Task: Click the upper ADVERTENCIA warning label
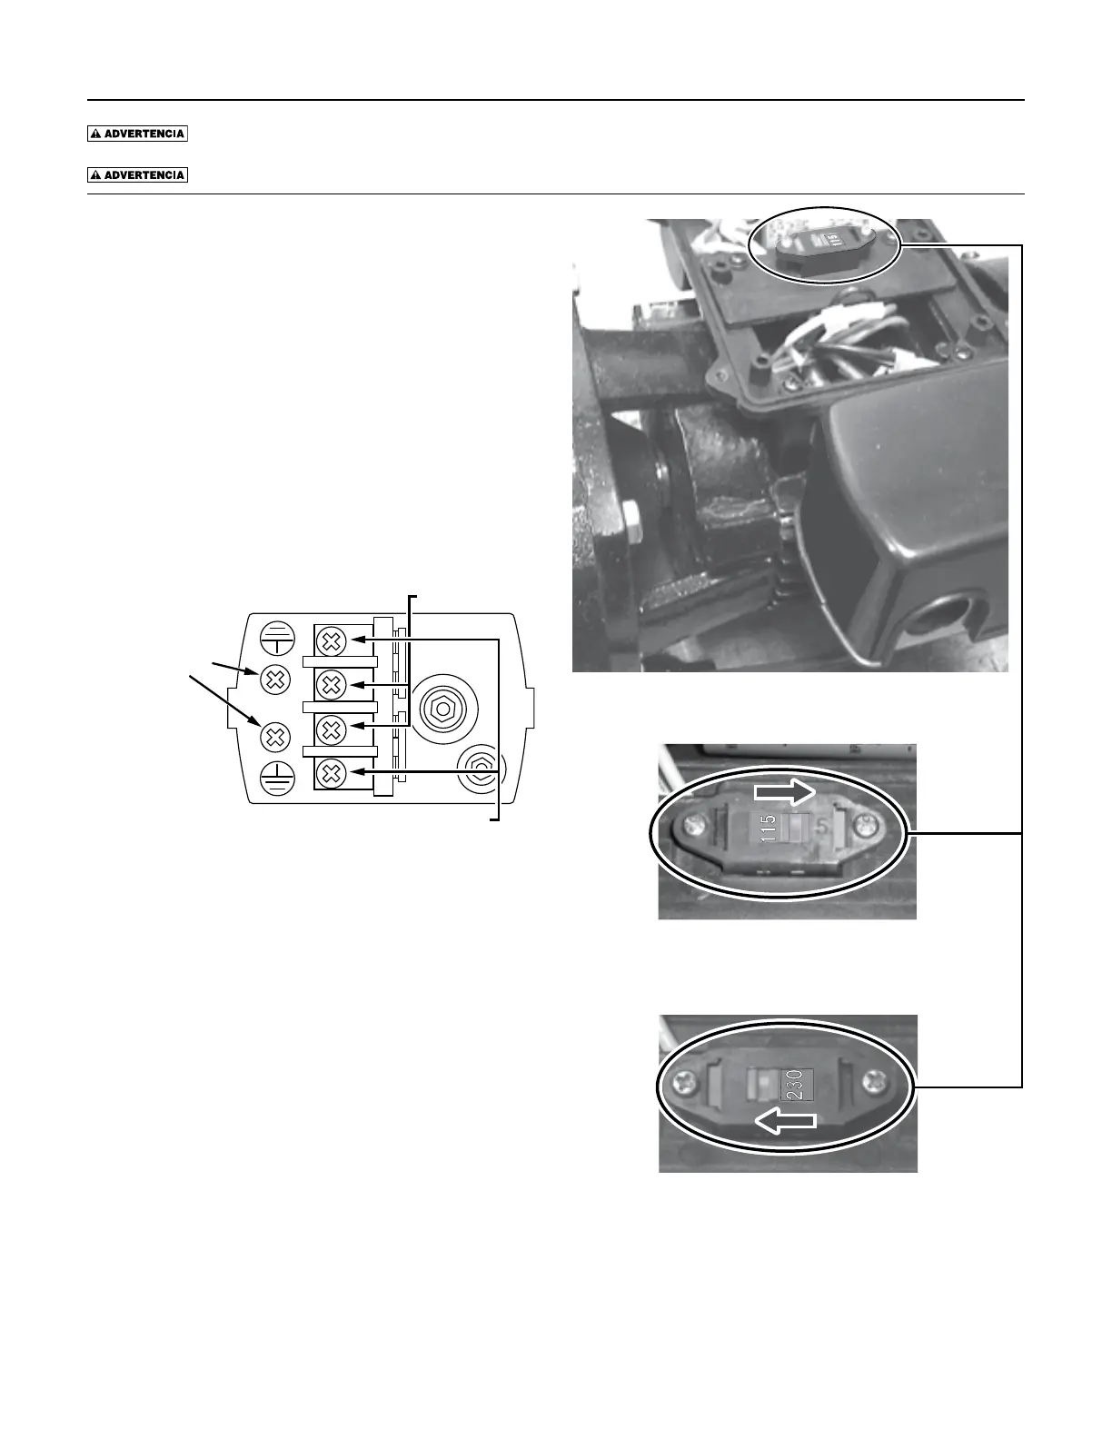click(x=137, y=134)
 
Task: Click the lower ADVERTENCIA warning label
click(x=137, y=175)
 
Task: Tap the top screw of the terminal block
click(x=332, y=641)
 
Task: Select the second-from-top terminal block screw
click(x=332, y=683)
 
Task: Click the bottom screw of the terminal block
click(x=332, y=774)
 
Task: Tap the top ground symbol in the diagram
click(x=275, y=639)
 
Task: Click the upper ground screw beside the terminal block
click(x=275, y=678)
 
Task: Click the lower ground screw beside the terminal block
click(x=275, y=734)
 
